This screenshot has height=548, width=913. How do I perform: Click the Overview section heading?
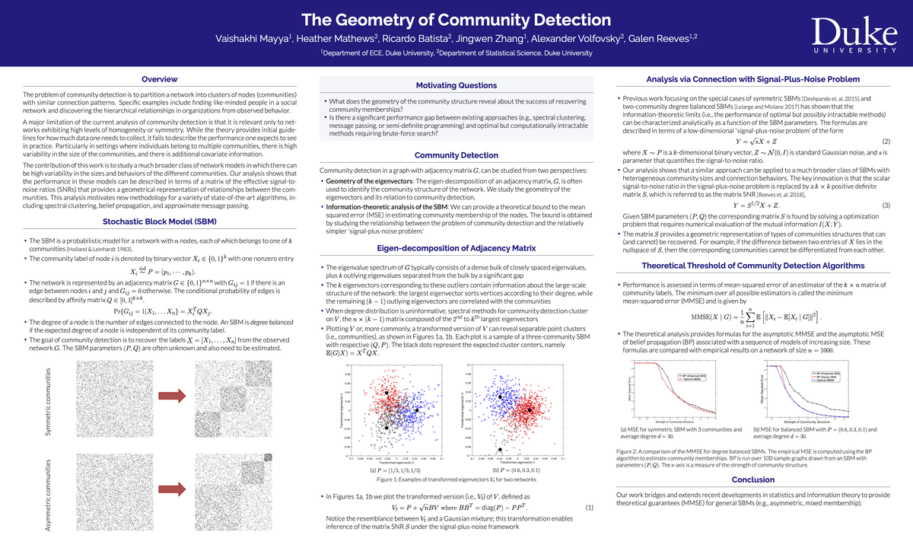(x=159, y=79)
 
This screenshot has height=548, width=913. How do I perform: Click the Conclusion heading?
(x=752, y=479)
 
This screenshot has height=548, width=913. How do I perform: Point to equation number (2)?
(x=886, y=142)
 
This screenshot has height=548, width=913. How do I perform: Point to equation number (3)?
(x=886, y=205)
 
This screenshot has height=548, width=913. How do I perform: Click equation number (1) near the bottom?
(x=589, y=507)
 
